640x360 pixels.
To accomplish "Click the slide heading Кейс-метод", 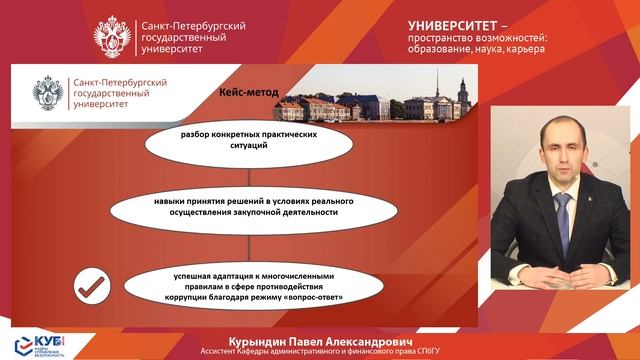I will [x=249, y=93].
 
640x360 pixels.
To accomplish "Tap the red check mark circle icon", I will [x=92, y=287].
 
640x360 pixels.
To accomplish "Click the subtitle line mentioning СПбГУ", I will [x=319, y=351].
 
